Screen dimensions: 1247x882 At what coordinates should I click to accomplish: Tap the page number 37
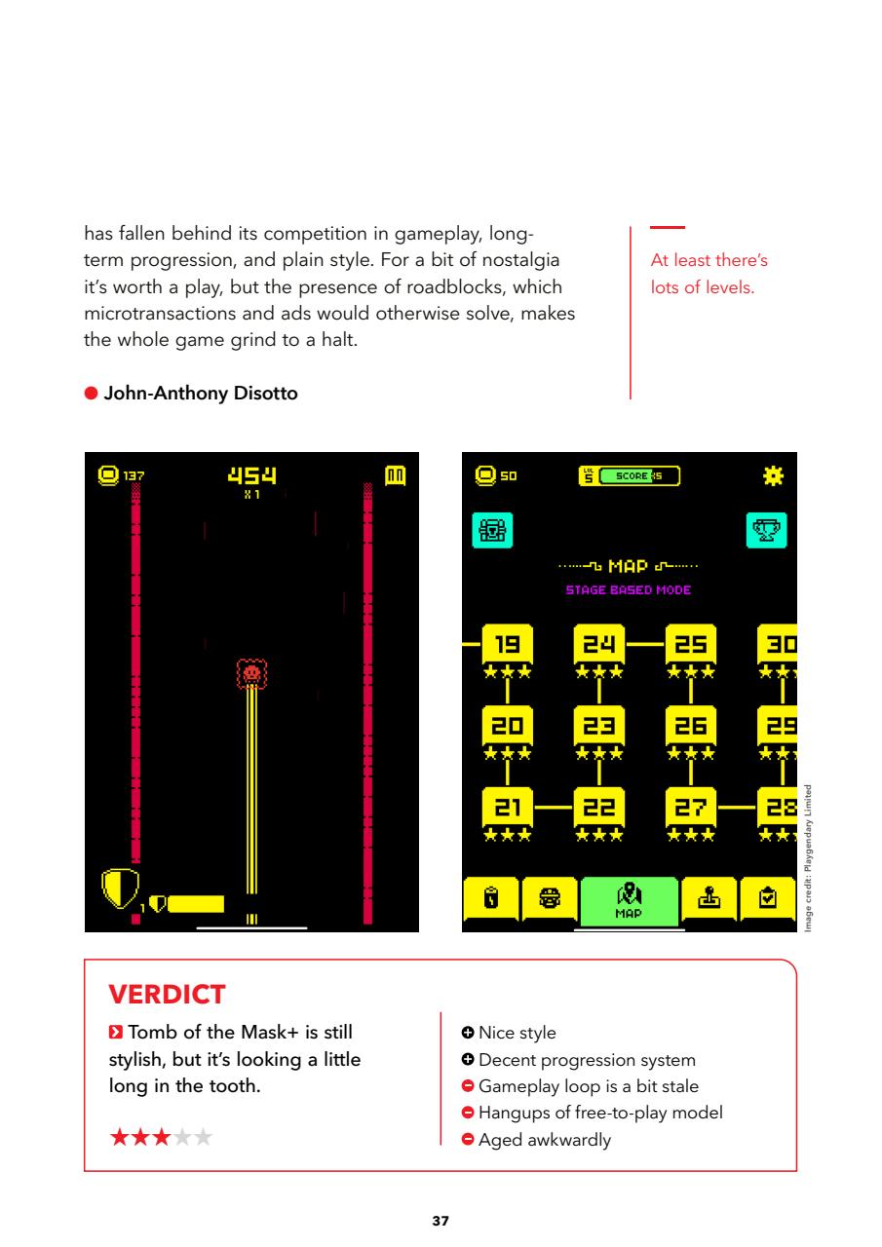coord(441,1220)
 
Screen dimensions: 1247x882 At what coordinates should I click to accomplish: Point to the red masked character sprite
coord(251,672)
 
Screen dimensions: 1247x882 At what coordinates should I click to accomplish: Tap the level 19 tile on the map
coord(507,644)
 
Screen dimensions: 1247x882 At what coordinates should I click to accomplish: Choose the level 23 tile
coord(598,725)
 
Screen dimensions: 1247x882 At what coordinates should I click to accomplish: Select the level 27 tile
coord(690,807)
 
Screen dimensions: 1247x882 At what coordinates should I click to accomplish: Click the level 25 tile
coord(690,644)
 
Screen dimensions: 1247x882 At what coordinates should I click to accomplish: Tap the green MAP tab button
coord(629,899)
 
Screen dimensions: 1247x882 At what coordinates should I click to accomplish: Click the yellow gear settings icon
coord(774,475)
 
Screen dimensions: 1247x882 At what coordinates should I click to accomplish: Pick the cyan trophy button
coord(767,530)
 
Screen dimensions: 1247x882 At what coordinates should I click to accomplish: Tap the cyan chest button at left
coord(490,530)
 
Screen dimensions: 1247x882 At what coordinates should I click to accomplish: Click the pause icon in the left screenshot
coord(394,476)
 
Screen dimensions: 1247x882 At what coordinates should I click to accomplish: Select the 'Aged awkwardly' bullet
coord(544,1140)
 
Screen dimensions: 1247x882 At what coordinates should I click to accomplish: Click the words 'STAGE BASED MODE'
coord(629,589)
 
